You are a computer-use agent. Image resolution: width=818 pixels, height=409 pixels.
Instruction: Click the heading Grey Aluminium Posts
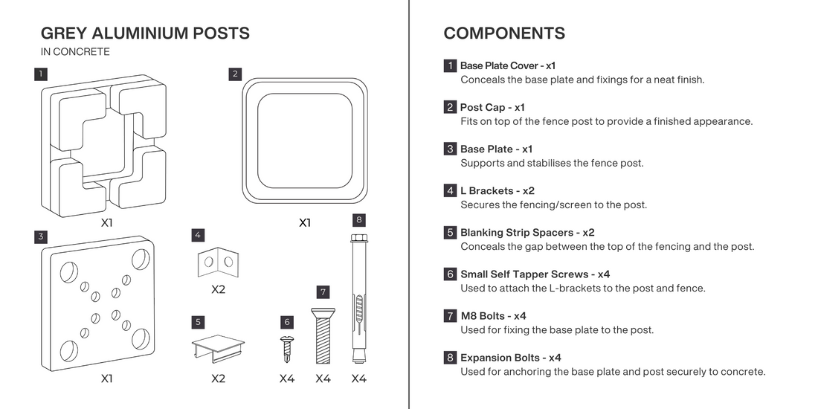pyautogui.click(x=145, y=33)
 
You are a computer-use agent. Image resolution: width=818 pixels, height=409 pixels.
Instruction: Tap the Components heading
pyautogui.click(x=504, y=33)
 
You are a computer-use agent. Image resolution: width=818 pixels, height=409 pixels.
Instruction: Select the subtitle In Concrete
pyautogui.click(x=75, y=51)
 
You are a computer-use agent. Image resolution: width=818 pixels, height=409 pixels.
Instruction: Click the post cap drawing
pyautogui.click(x=305, y=141)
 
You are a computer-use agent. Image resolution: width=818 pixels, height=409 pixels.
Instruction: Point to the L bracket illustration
pyautogui.click(x=218, y=262)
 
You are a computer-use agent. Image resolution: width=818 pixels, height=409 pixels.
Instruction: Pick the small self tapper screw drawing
pyautogui.click(x=286, y=350)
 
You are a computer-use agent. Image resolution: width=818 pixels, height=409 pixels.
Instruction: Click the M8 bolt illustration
pyautogui.click(x=323, y=336)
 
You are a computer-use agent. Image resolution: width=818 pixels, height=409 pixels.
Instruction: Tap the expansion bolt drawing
pyautogui.click(x=358, y=299)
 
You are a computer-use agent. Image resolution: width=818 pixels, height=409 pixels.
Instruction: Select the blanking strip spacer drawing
pyautogui.click(x=218, y=349)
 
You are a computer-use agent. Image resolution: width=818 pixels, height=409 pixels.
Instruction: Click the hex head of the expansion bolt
pyautogui.click(x=358, y=238)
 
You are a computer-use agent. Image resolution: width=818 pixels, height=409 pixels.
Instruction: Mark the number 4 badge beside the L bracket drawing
pyautogui.click(x=198, y=235)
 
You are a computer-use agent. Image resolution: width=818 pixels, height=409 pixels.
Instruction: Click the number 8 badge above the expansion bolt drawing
pyautogui.click(x=358, y=219)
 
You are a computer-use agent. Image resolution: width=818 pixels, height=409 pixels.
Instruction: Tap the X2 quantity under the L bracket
pyautogui.click(x=218, y=289)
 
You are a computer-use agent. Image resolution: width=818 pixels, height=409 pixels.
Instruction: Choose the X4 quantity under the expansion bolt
pyautogui.click(x=359, y=379)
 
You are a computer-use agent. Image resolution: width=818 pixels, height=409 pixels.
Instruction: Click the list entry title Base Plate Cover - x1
pyautogui.click(x=508, y=65)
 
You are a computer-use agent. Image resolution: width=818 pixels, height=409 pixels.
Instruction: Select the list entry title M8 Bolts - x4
pyautogui.click(x=494, y=316)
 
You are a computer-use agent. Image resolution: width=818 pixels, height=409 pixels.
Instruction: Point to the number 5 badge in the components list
pyautogui.click(x=450, y=233)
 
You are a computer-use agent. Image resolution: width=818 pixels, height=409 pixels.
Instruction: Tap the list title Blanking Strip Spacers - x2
pyautogui.click(x=527, y=233)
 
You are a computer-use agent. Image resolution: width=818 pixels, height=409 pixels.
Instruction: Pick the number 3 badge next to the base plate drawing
pyautogui.click(x=41, y=236)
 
